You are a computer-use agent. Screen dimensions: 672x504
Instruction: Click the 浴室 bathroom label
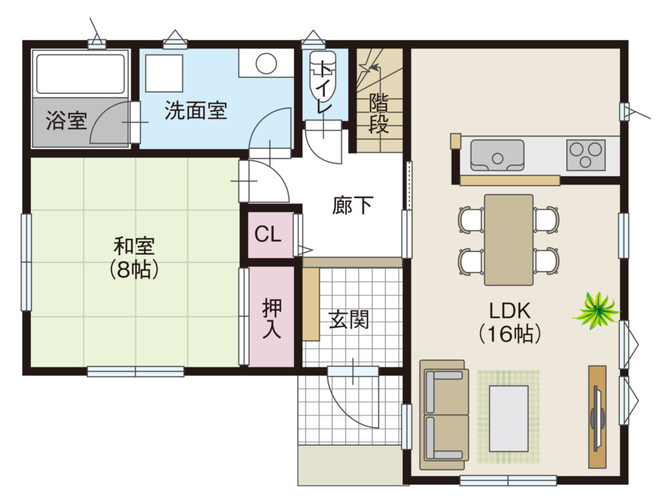(66, 121)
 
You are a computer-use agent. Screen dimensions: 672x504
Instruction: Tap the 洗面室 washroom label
(196, 110)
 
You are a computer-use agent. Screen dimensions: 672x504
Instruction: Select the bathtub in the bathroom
(81, 73)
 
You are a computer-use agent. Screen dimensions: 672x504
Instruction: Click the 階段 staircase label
(379, 113)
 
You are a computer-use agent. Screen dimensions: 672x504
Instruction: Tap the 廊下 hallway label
(352, 205)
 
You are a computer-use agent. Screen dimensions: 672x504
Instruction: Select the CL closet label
(268, 234)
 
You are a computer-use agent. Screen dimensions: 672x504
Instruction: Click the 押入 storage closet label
(272, 318)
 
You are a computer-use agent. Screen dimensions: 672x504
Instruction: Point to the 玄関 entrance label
(349, 320)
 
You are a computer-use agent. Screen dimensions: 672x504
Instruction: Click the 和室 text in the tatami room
(134, 246)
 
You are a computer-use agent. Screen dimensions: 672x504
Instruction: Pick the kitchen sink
(497, 155)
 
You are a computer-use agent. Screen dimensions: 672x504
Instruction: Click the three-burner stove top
(586, 155)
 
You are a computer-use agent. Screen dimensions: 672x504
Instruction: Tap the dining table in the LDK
(509, 240)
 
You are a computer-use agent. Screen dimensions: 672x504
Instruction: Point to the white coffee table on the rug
(509, 419)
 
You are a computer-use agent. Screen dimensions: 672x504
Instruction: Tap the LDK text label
(509, 310)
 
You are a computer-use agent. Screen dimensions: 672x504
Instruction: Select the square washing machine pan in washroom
(164, 73)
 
